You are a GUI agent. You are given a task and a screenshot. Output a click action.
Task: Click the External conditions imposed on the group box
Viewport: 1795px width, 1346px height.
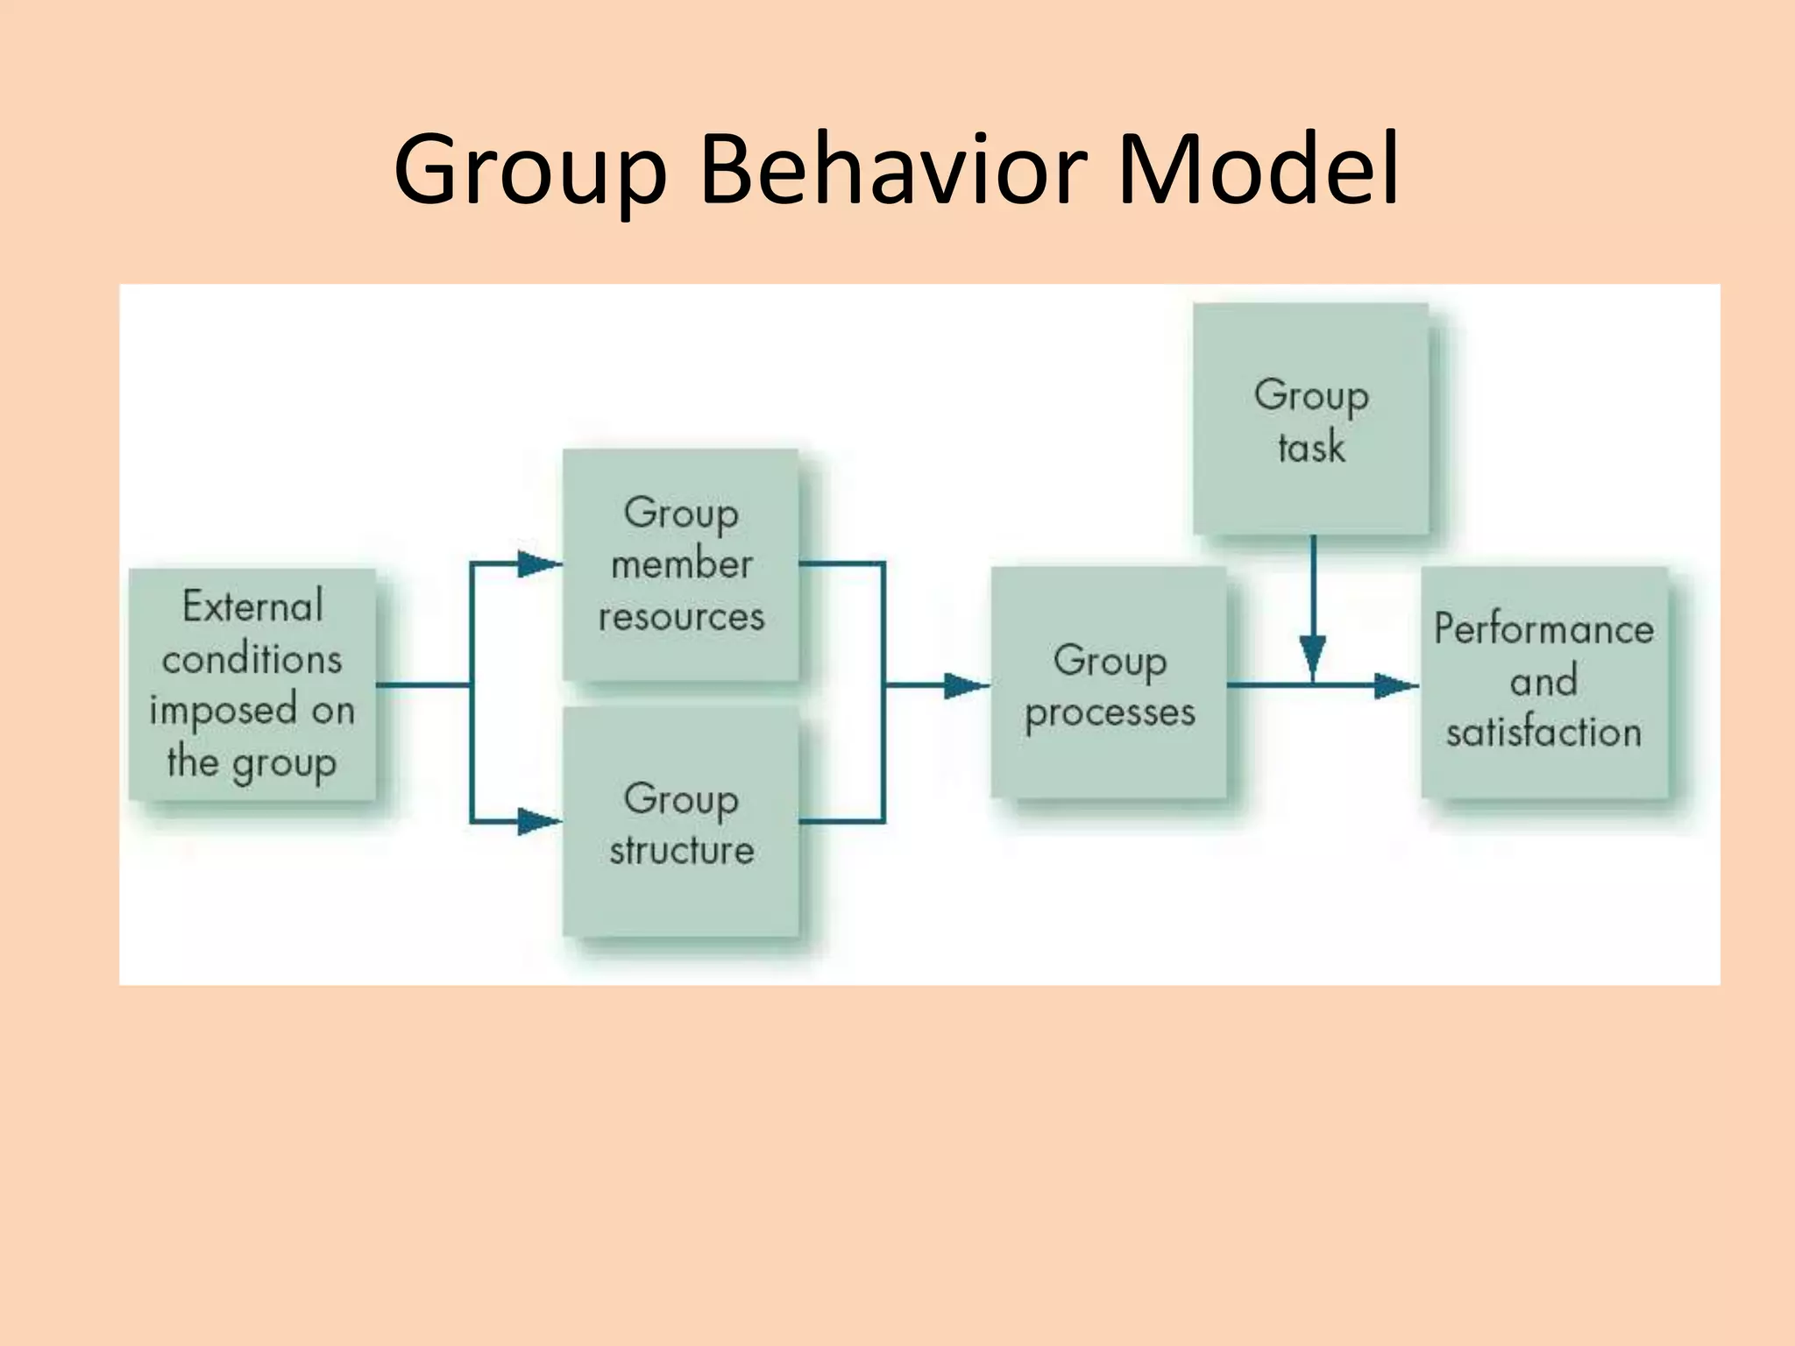tap(252, 684)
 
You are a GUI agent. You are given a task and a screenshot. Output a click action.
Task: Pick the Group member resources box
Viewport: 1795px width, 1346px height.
tap(681, 564)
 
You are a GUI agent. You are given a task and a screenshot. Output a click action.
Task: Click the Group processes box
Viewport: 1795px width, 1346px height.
tap(1109, 684)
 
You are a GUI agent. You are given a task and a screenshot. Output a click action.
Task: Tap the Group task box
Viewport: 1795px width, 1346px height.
tap(1311, 419)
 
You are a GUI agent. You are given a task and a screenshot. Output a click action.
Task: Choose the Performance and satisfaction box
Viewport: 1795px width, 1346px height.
tap(1544, 682)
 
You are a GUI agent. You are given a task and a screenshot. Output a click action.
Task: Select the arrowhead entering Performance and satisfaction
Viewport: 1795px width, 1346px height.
tap(1396, 685)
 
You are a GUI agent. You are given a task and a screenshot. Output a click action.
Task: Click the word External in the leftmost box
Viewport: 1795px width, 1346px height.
tap(252, 606)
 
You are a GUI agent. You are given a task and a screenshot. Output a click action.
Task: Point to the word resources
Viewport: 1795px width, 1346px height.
tap(681, 617)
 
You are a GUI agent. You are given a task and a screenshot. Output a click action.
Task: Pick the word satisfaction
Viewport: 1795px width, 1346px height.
tap(1543, 733)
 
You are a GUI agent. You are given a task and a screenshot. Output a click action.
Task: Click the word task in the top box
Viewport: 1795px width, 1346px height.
tap(1311, 448)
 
